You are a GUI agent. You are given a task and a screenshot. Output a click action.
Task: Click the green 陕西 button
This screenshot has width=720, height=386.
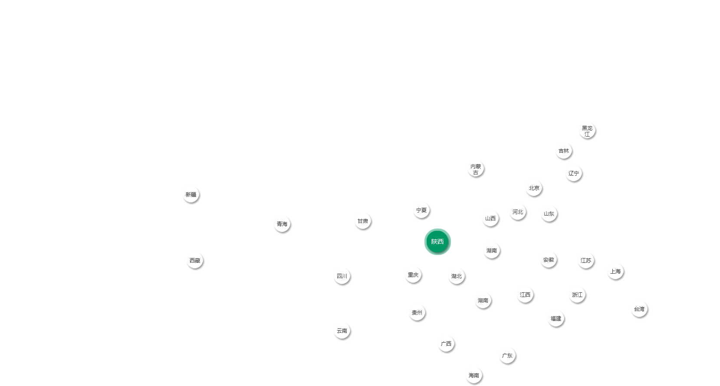pyautogui.click(x=437, y=242)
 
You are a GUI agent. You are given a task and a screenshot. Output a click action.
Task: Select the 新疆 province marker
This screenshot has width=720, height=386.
pyautogui.click(x=191, y=195)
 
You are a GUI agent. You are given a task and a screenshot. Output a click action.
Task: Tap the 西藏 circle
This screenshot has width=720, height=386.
pyautogui.click(x=195, y=261)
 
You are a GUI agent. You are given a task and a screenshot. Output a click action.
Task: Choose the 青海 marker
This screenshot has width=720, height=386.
pyautogui.click(x=282, y=224)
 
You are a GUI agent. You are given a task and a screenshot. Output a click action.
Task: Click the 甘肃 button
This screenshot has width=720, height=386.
pyautogui.click(x=363, y=221)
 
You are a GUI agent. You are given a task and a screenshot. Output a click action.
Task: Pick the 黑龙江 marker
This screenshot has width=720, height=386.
pyautogui.click(x=587, y=131)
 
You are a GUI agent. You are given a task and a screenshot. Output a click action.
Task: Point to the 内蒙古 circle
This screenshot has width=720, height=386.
pyautogui.click(x=476, y=169)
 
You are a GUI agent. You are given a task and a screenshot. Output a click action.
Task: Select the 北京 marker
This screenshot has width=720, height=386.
pyautogui.click(x=534, y=188)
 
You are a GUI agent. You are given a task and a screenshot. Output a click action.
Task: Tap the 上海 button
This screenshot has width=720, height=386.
pyautogui.click(x=615, y=272)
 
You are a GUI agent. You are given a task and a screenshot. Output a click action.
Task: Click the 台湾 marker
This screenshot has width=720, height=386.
pyautogui.click(x=639, y=309)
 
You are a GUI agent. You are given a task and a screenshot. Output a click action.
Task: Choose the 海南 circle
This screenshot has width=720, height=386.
pyautogui.click(x=474, y=376)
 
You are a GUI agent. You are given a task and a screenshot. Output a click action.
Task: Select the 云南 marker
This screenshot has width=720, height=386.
pyautogui.click(x=342, y=331)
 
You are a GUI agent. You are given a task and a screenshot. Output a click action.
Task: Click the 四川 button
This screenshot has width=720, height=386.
pyautogui.click(x=342, y=276)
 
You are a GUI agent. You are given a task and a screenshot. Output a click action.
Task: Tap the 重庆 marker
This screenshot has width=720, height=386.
pyautogui.click(x=413, y=275)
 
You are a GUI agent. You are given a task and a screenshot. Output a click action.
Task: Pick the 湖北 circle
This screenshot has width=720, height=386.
pyautogui.click(x=457, y=276)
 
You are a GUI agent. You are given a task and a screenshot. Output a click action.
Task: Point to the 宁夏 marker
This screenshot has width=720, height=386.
pyautogui.click(x=421, y=210)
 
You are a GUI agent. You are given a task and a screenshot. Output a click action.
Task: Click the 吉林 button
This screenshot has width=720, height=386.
pyautogui.click(x=564, y=151)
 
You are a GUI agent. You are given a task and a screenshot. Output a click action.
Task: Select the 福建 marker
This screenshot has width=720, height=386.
pyautogui.click(x=556, y=319)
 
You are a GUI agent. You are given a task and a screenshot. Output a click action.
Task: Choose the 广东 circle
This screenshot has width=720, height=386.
pyautogui.click(x=507, y=356)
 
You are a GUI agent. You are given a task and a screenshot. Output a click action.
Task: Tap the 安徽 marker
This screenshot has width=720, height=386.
pyautogui.click(x=549, y=260)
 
